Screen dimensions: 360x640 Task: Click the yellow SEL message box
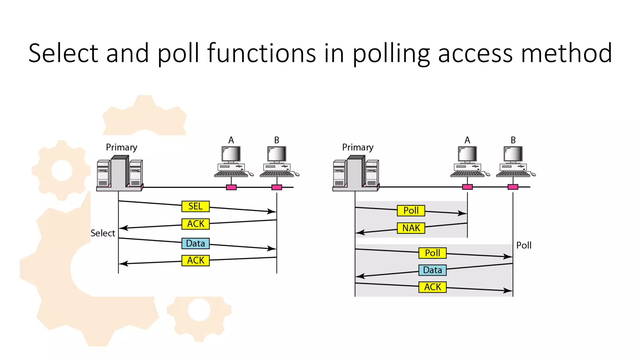click(x=195, y=206)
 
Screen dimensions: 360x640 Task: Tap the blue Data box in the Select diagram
click(x=195, y=243)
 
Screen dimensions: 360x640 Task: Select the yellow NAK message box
click(x=411, y=228)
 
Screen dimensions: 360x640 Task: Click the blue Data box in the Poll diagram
click(x=432, y=270)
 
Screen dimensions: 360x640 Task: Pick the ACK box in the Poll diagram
click(x=432, y=287)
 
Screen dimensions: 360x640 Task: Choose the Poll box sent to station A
click(x=411, y=211)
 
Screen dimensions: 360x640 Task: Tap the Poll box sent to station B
click(x=432, y=253)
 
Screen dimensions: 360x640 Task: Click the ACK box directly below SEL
click(x=195, y=224)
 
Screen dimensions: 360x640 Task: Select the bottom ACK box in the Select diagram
click(x=195, y=260)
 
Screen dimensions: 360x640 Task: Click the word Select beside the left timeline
click(x=103, y=233)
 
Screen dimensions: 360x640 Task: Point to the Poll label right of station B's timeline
click(x=524, y=245)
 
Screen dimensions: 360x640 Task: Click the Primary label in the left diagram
click(x=122, y=147)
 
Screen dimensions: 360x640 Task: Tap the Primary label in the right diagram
click(x=358, y=147)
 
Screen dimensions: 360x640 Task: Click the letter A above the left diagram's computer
click(x=231, y=140)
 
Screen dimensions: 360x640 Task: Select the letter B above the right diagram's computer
click(x=513, y=140)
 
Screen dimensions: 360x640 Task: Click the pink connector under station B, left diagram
click(x=277, y=187)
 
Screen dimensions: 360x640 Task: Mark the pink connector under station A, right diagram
click(x=467, y=187)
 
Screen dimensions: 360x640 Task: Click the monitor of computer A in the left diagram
click(x=231, y=154)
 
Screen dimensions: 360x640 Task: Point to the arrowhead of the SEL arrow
click(x=272, y=212)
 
